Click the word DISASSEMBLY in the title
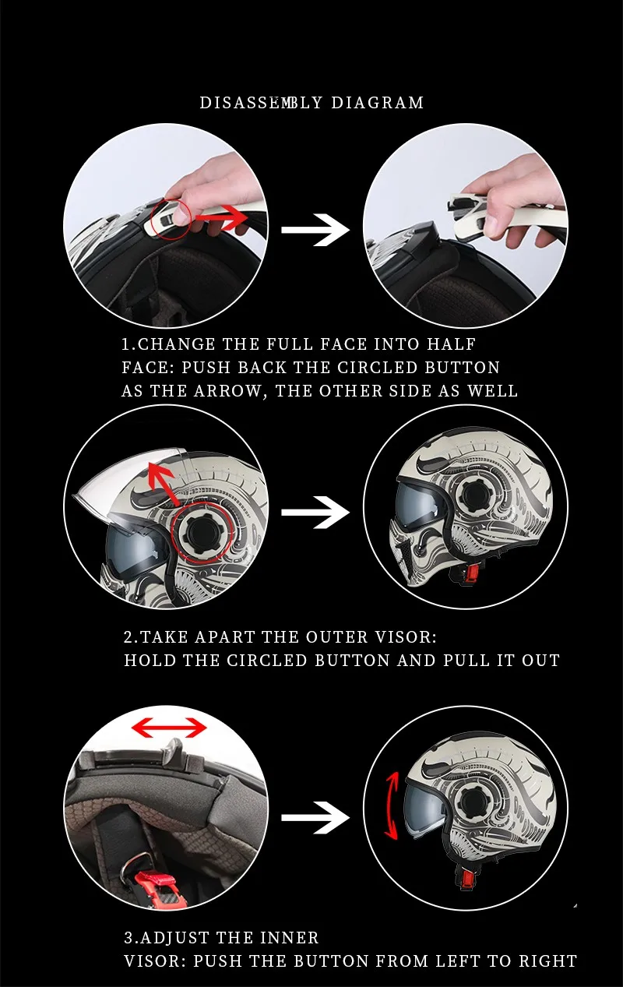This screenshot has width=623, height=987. point(261,103)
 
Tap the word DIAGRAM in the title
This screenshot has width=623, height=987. point(377,103)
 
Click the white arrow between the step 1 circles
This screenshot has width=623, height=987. point(315,230)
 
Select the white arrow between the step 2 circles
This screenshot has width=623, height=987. point(315,512)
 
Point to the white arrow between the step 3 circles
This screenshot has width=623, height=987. point(315,818)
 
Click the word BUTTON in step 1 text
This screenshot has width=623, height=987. point(462,368)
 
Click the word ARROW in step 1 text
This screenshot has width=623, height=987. point(227,391)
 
